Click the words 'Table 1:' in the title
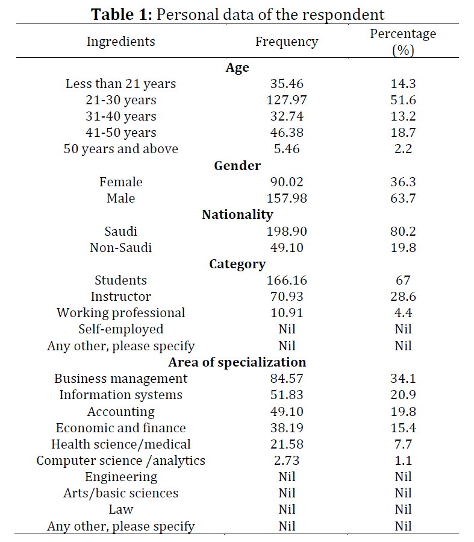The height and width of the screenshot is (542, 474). point(122,14)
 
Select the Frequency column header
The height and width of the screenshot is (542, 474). point(287,42)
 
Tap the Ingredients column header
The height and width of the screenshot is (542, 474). point(121,42)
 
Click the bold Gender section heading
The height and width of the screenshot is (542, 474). point(237,166)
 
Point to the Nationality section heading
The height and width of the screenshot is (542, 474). point(237,215)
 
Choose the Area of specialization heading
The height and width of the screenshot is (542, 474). point(237,362)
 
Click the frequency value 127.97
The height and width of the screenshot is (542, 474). point(287,100)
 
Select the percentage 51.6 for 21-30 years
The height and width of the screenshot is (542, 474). point(403,100)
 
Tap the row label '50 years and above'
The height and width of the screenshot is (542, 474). point(121,149)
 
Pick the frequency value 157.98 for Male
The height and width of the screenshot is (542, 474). point(287,198)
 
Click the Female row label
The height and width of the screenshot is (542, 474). point(121,182)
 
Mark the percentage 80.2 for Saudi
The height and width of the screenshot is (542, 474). point(403,232)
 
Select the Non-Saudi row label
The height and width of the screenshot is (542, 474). point(121,248)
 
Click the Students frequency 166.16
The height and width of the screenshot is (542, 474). point(287,280)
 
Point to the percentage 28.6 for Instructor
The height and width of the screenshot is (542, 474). point(403,297)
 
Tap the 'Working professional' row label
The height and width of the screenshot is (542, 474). point(121,313)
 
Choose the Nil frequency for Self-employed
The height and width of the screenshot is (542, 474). point(287,329)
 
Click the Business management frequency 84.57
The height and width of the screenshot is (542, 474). point(287,379)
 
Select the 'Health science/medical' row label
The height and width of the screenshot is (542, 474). point(121,444)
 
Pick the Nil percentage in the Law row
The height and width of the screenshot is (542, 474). point(403,509)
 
